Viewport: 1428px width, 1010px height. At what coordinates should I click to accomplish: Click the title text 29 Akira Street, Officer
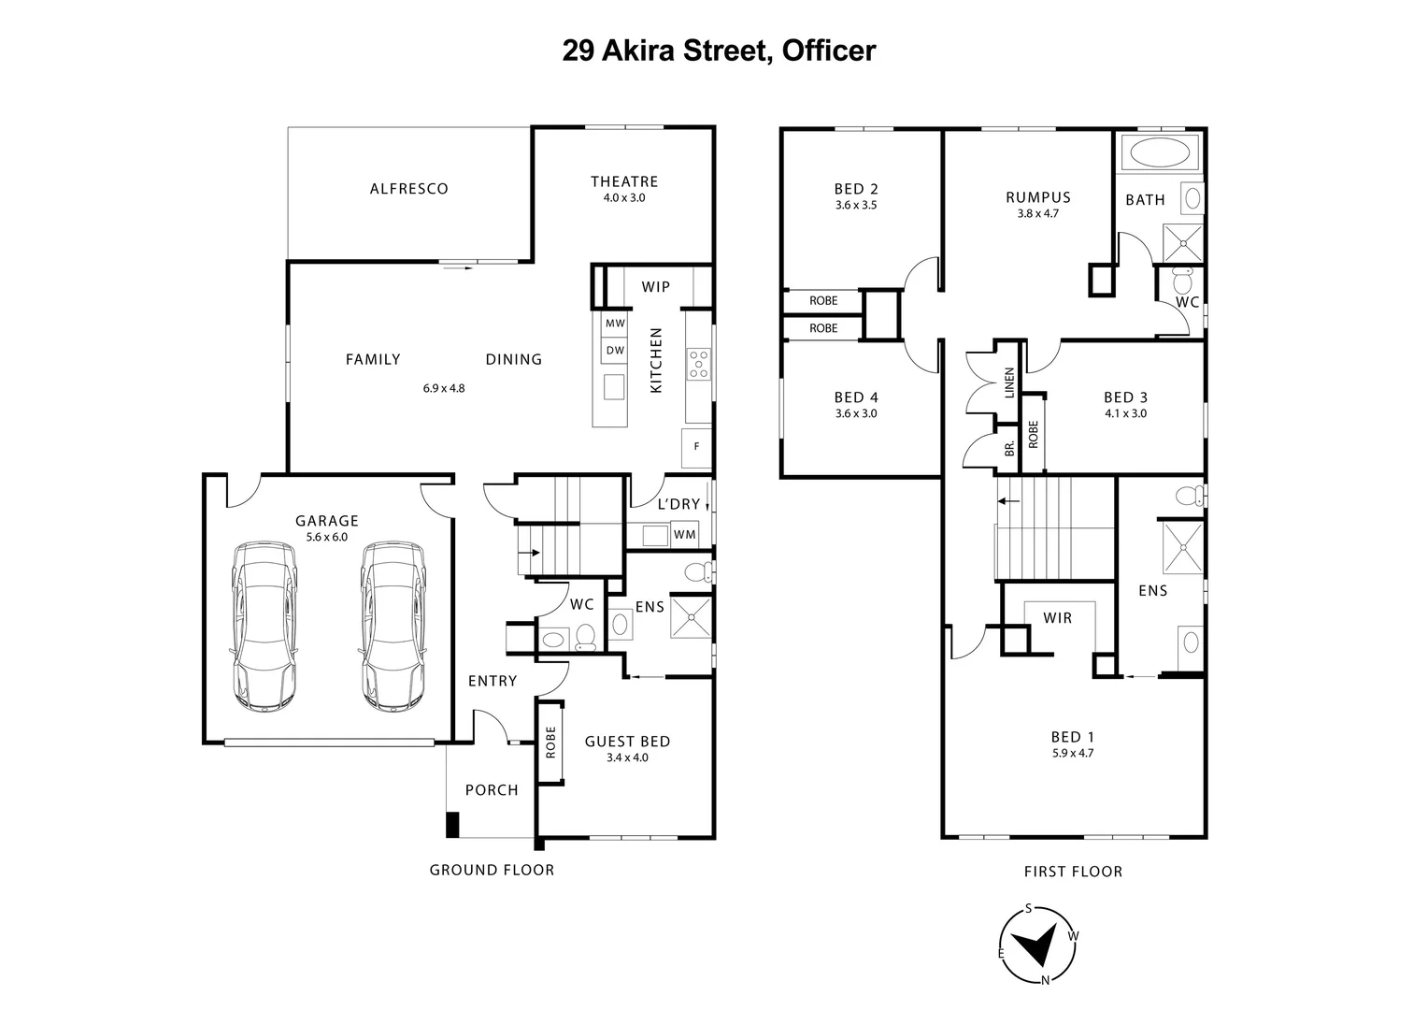[719, 50]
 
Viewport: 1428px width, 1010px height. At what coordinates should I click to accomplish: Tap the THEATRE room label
[624, 181]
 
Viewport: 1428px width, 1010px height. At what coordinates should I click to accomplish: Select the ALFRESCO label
[409, 189]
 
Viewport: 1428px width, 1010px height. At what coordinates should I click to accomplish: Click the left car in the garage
[265, 626]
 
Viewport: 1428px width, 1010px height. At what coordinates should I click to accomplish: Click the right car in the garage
[394, 626]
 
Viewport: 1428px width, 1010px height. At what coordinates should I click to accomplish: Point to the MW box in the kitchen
[614, 324]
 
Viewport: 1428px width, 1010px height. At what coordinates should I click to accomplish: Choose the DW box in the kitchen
[614, 351]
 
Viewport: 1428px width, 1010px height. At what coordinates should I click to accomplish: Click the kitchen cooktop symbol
[698, 364]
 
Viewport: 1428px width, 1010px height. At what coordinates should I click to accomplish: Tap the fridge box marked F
[696, 447]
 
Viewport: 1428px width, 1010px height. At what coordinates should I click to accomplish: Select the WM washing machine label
[684, 535]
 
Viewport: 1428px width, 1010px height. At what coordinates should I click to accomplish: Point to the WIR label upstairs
[1058, 618]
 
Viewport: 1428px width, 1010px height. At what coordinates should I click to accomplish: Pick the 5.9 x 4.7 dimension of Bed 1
[1072, 752]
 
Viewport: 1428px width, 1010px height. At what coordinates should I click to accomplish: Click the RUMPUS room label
[1038, 197]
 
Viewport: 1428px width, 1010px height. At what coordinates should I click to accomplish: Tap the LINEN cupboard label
[1009, 383]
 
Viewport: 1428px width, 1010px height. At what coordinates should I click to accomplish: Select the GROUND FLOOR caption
[492, 871]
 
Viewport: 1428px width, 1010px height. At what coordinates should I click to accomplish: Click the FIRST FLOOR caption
[1073, 872]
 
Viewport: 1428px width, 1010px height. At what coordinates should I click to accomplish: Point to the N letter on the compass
[1046, 980]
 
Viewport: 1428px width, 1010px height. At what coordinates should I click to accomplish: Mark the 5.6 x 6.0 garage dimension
[327, 538]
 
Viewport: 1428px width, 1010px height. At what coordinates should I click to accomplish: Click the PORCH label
[492, 790]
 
